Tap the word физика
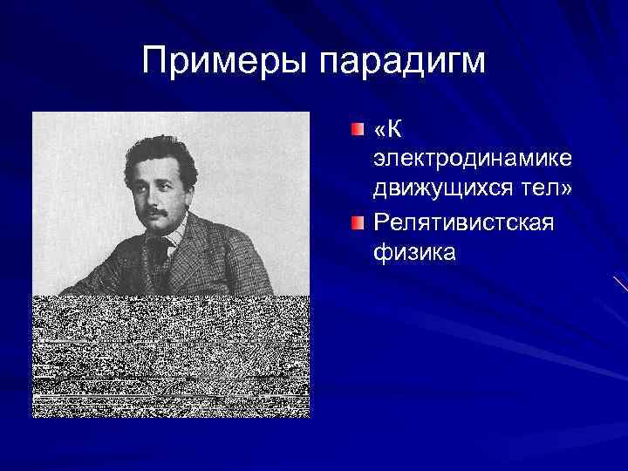[414, 253]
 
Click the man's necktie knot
[159, 247]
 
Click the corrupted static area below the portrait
[170, 358]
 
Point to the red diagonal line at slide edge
[620, 283]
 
